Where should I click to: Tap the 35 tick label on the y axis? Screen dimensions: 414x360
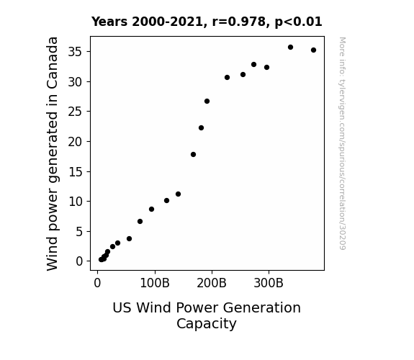point(75,52)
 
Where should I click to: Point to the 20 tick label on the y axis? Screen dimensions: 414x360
point(75,142)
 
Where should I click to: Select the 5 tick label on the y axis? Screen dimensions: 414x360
point(79,232)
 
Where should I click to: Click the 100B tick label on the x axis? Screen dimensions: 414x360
point(155,283)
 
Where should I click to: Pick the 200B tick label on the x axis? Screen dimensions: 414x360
point(212,283)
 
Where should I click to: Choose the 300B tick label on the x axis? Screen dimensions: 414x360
point(269,283)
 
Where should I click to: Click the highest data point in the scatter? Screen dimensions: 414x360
point(290,48)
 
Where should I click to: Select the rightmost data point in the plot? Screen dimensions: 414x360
point(313,50)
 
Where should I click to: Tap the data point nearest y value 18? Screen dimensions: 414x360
point(193,155)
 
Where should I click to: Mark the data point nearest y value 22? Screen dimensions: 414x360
point(201,128)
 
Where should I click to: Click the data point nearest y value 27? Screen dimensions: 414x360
point(207,101)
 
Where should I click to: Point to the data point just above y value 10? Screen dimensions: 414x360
point(166,200)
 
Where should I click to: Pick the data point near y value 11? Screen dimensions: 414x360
point(179,194)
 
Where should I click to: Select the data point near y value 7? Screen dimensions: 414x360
point(140,221)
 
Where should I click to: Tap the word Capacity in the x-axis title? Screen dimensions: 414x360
point(207,323)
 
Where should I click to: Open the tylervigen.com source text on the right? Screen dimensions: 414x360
point(342,143)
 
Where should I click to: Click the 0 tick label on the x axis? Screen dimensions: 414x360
point(97,283)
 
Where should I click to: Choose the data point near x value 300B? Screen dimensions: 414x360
point(266,68)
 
